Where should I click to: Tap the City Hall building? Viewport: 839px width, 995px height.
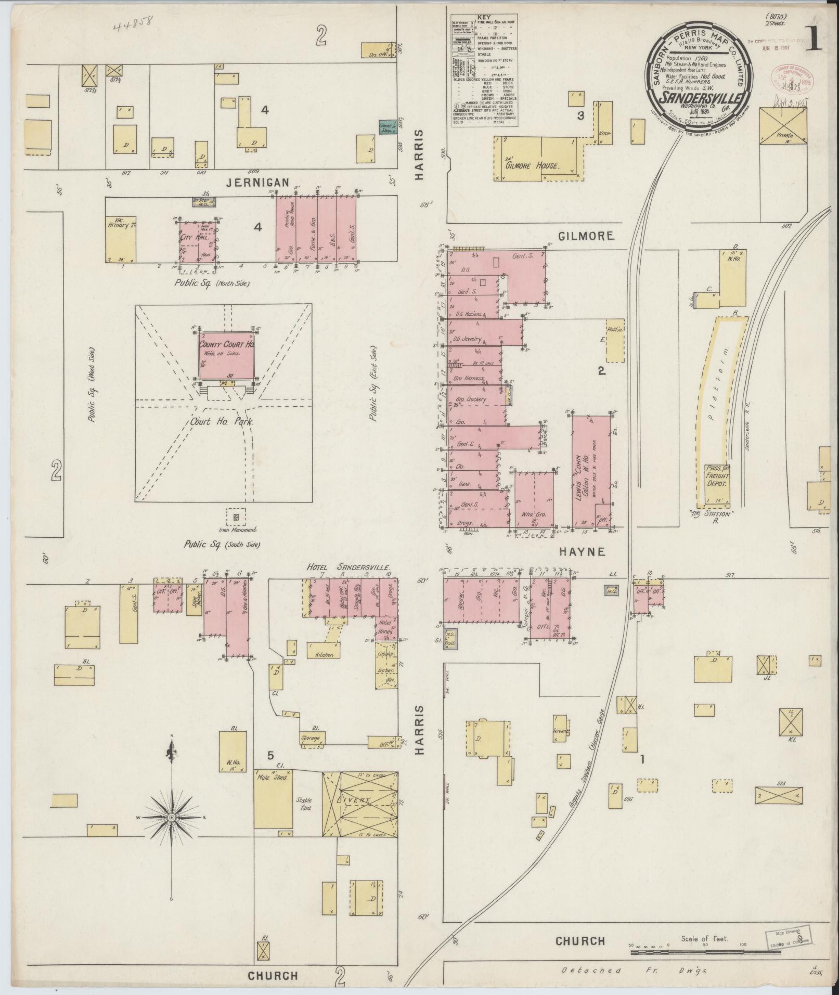coord(197,243)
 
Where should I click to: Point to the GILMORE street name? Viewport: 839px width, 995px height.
coord(587,236)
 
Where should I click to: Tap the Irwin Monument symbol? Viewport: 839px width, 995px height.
coord(237,517)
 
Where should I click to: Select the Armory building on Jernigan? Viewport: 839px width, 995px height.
coord(121,238)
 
